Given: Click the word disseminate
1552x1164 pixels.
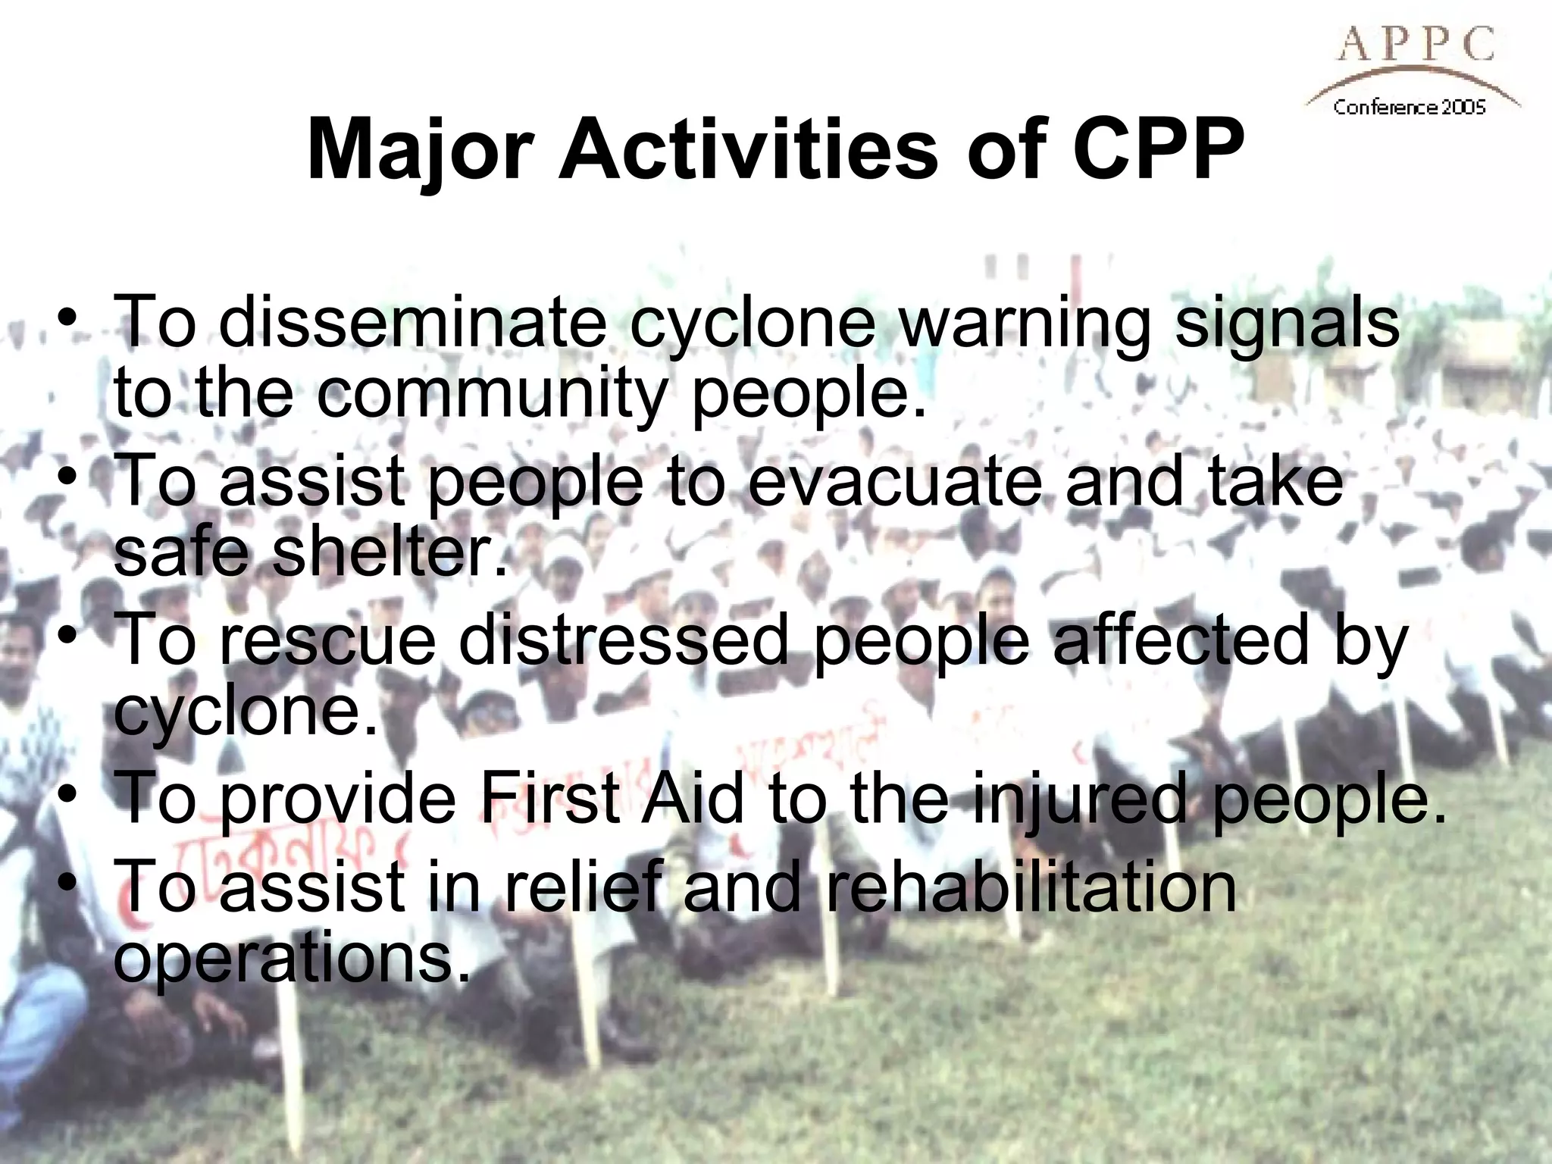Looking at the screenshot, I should coord(413,322).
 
